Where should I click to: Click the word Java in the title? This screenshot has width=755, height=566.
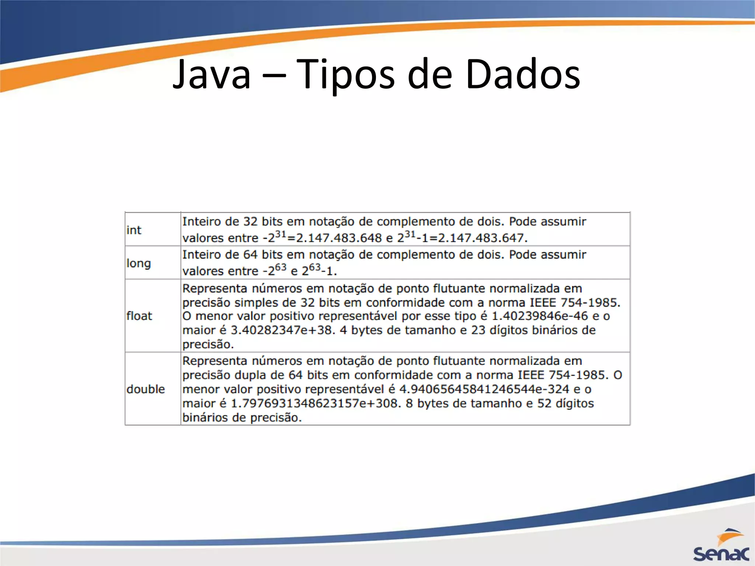(212, 75)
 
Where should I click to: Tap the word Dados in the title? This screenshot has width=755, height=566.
(523, 75)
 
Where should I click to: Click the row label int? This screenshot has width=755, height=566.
(133, 230)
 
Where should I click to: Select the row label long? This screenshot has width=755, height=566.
(139, 263)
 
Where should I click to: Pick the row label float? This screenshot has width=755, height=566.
(139, 316)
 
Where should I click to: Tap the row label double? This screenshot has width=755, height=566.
(146, 389)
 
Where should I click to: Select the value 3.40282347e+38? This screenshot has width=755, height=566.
(282, 330)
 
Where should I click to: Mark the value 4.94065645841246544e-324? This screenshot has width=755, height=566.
(484, 389)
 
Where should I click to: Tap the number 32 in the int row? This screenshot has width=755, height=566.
(251, 221)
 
